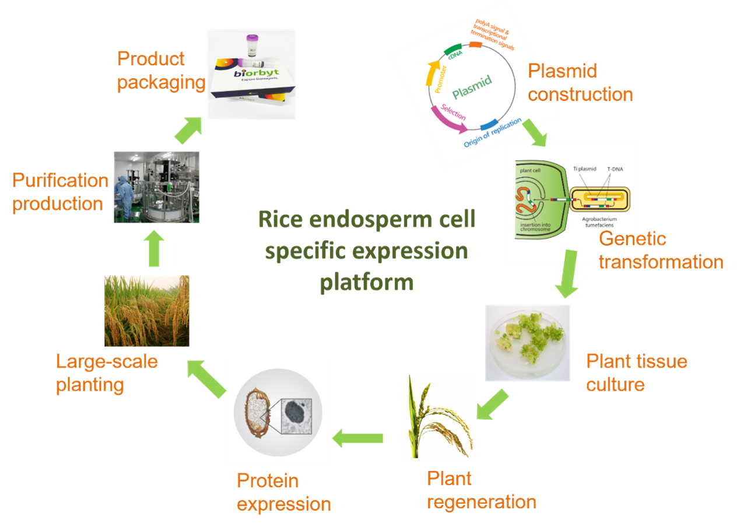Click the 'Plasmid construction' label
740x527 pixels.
580,83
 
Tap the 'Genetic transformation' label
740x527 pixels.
661,250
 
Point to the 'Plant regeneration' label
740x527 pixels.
481,490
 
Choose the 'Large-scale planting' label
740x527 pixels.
107,373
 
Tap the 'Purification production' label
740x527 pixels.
60,192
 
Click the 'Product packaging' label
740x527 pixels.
161,71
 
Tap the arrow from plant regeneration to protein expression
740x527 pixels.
357,437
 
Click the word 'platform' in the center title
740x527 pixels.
367,282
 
